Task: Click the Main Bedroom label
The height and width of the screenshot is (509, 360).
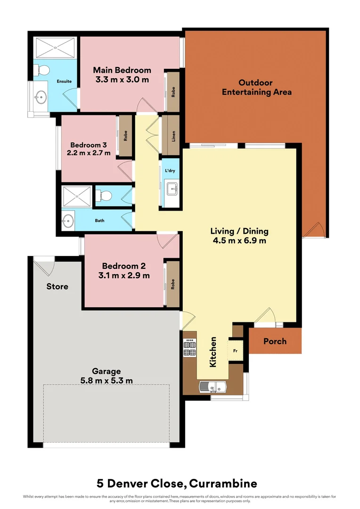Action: [x=122, y=70]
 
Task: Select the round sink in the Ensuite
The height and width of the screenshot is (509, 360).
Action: [x=41, y=98]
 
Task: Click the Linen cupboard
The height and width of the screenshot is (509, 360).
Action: [x=173, y=136]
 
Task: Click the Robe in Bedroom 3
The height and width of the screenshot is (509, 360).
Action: [x=126, y=136]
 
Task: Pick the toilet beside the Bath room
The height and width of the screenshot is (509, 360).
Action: [x=104, y=195]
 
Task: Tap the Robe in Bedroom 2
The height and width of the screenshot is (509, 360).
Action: [x=173, y=284]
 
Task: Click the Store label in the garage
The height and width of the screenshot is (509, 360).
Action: [x=57, y=287]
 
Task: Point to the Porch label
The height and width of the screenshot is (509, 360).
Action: [x=275, y=341]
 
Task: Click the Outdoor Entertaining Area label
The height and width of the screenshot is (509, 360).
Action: [x=256, y=87]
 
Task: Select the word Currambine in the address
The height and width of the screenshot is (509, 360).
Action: [x=221, y=484]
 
